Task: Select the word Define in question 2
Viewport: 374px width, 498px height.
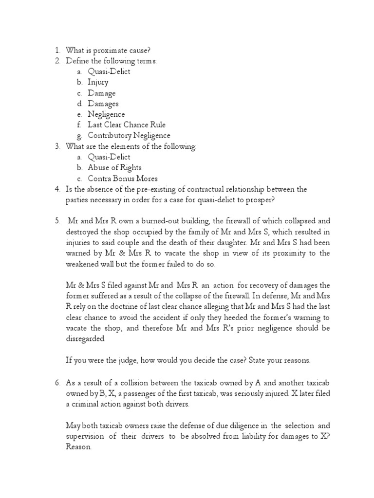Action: [x=77, y=61]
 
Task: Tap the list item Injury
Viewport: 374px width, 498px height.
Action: [x=98, y=82]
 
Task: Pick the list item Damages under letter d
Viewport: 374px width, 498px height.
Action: [x=103, y=104]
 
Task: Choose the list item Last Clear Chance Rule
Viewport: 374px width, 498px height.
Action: [x=127, y=125]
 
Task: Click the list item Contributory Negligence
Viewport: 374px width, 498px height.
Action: [x=129, y=136]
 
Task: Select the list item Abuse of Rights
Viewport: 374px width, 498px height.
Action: [x=114, y=168]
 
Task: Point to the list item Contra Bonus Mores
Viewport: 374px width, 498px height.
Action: [x=123, y=178]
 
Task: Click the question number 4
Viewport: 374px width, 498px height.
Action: [x=56, y=189]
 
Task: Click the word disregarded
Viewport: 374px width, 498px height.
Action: [x=85, y=339]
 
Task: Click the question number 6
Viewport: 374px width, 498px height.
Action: [x=56, y=382]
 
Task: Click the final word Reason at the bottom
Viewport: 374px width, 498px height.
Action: [x=77, y=446]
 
